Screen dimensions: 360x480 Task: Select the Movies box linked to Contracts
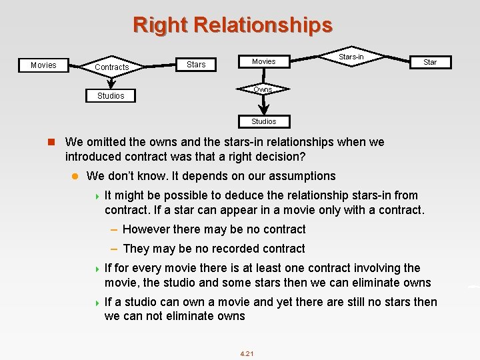43,65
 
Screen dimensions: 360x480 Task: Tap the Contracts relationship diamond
111,67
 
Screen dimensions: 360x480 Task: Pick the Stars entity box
196,65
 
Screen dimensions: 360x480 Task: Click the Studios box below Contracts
111,96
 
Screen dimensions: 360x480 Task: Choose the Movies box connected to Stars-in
263,61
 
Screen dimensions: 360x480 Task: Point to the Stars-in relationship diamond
351,57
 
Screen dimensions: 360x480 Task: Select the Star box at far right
430,62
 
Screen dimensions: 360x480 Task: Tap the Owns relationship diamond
263,89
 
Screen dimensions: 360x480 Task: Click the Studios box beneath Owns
263,121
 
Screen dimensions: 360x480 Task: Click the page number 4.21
247,353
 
